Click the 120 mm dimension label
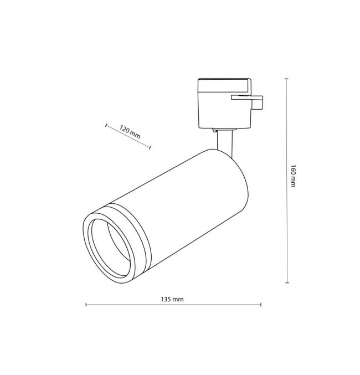click(x=130, y=132)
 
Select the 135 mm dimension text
click(x=172, y=299)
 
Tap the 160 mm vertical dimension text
click(x=294, y=176)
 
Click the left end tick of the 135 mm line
click(x=86, y=305)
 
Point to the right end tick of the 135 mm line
click(x=261, y=305)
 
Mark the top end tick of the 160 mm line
click(x=286, y=79)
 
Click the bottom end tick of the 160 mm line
click(x=287, y=282)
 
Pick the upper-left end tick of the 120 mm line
click(x=106, y=125)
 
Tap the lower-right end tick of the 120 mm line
click(x=150, y=147)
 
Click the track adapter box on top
click(x=224, y=104)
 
